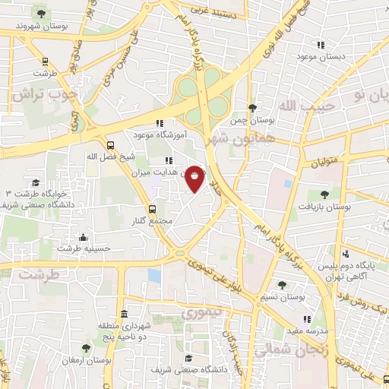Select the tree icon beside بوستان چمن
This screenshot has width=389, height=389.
[x=251, y=109]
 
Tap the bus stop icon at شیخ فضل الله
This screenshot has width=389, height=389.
[x=111, y=145]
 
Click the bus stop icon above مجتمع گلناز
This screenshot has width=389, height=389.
[x=152, y=209]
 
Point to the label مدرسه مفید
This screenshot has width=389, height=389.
[x=306, y=331]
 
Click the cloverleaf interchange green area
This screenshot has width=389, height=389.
[x=201, y=98]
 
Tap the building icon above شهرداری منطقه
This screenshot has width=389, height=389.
[x=124, y=314]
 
